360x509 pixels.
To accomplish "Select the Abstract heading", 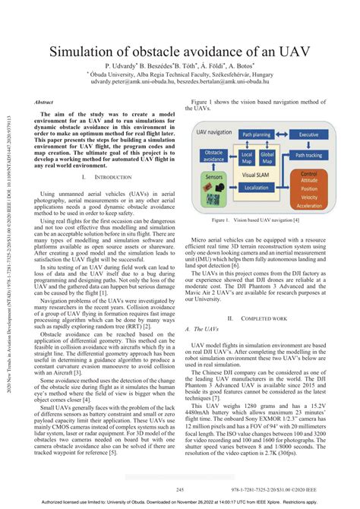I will pos(44,101).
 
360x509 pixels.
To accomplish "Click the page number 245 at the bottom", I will pos(180,489).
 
